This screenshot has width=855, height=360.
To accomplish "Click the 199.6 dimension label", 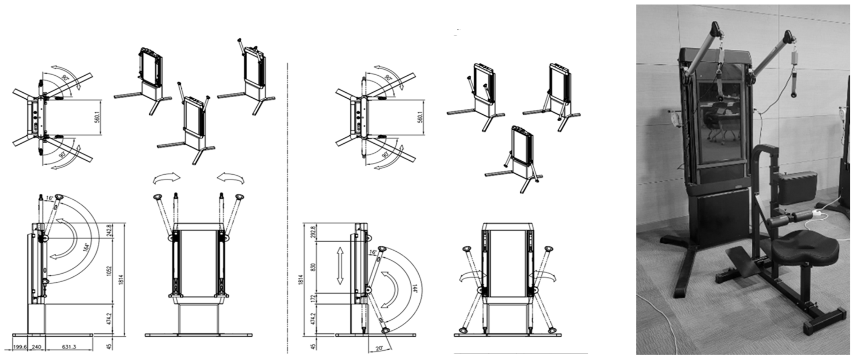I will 20,347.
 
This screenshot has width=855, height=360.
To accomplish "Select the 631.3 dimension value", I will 69,347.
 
